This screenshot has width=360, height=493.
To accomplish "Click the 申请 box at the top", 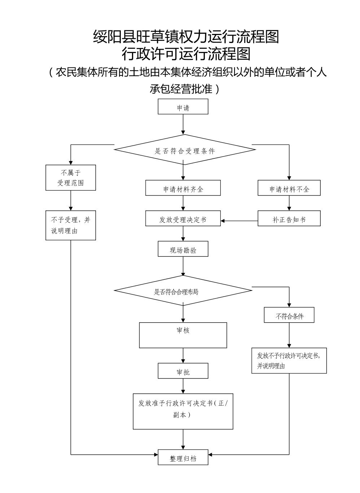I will pyautogui.click(x=183, y=107).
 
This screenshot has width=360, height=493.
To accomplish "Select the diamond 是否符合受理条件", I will pyautogui.click(x=185, y=150).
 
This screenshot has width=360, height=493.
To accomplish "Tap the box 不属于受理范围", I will pyautogui.click(x=71, y=178).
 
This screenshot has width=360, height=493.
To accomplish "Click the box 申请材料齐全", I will pyautogui.click(x=183, y=188).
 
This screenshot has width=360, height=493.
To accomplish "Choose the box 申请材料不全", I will pyautogui.click(x=289, y=188).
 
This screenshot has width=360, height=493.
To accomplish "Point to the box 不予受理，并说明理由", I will pyautogui.click(x=71, y=225).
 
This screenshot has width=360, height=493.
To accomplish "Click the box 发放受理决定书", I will pyautogui.click(x=183, y=219).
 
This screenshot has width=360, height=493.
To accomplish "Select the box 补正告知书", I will pyautogui.click(x=289, y=219).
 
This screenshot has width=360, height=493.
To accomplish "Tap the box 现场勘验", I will pyautogui.click(x=183, y=249).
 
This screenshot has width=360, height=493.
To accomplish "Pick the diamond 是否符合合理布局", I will pyautogui.click(x=183, y=291).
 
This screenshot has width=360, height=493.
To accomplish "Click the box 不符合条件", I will pyautogui.click(x=289, y=315).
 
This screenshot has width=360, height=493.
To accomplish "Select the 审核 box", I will pyautogui.click(x=183, y=335).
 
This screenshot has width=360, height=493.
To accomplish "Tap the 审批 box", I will pyautogui.click(x=183, y=371).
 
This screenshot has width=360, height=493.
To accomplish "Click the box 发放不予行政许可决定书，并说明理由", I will pyautogui.click(x=289, y=360).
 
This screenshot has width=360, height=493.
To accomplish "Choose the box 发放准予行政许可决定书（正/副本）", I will pyautogui.click(x=183, y=411).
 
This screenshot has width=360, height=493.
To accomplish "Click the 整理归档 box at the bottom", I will pyautogui.click(x=183, y=457).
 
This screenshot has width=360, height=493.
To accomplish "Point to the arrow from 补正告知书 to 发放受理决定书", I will pyautogui.click(x=239, y=221).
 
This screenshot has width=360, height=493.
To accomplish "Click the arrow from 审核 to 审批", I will pyautogui.click(x=183, y=355).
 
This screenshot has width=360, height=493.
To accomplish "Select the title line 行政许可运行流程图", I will pyautogui.click(x=186, y=54).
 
